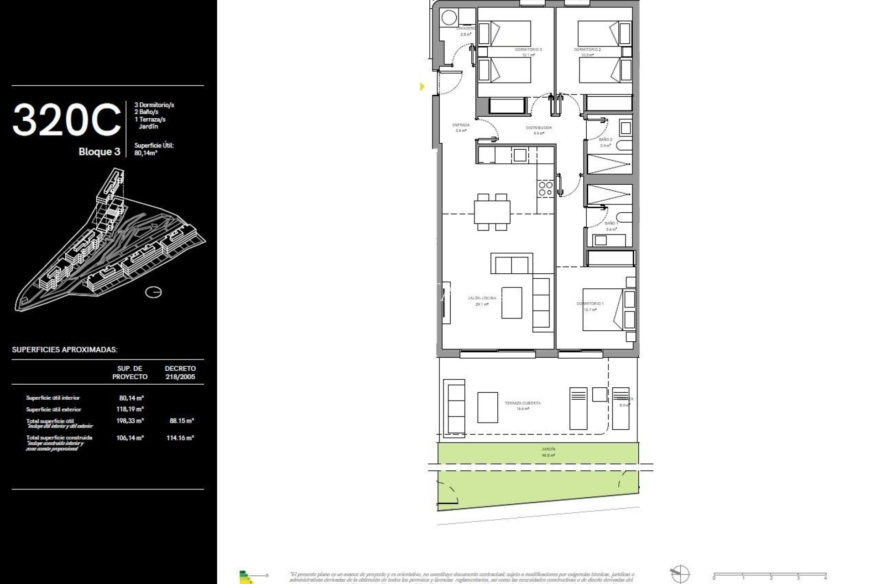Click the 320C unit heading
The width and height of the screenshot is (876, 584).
click(67, 120)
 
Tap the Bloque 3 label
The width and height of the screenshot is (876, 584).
click(99, 152)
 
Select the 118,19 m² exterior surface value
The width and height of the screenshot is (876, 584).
click(130, 409)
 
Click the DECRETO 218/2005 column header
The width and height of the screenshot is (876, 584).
click(180, 372)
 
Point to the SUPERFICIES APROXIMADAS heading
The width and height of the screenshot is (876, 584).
click(64, 350)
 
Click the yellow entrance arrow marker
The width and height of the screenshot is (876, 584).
click(422, 86)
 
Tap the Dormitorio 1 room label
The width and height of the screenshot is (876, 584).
click(589, 304)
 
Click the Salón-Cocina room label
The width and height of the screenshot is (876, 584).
click(481, 298)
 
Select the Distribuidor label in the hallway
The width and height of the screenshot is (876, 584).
click(539, 128)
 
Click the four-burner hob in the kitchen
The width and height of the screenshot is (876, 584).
click(545, 188)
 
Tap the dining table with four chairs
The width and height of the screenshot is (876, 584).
click(492, 212)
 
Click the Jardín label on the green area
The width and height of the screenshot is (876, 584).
click(548, 449)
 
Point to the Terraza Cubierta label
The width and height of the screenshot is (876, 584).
click(522, 403)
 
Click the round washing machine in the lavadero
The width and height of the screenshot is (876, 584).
click(449, 18)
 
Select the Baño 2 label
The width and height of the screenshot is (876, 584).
click(605, 140)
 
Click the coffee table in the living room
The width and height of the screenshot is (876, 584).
click(511, 302)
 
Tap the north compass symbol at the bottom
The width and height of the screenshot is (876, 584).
click(679, 574)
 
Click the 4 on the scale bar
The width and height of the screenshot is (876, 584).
click(825, 578)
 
